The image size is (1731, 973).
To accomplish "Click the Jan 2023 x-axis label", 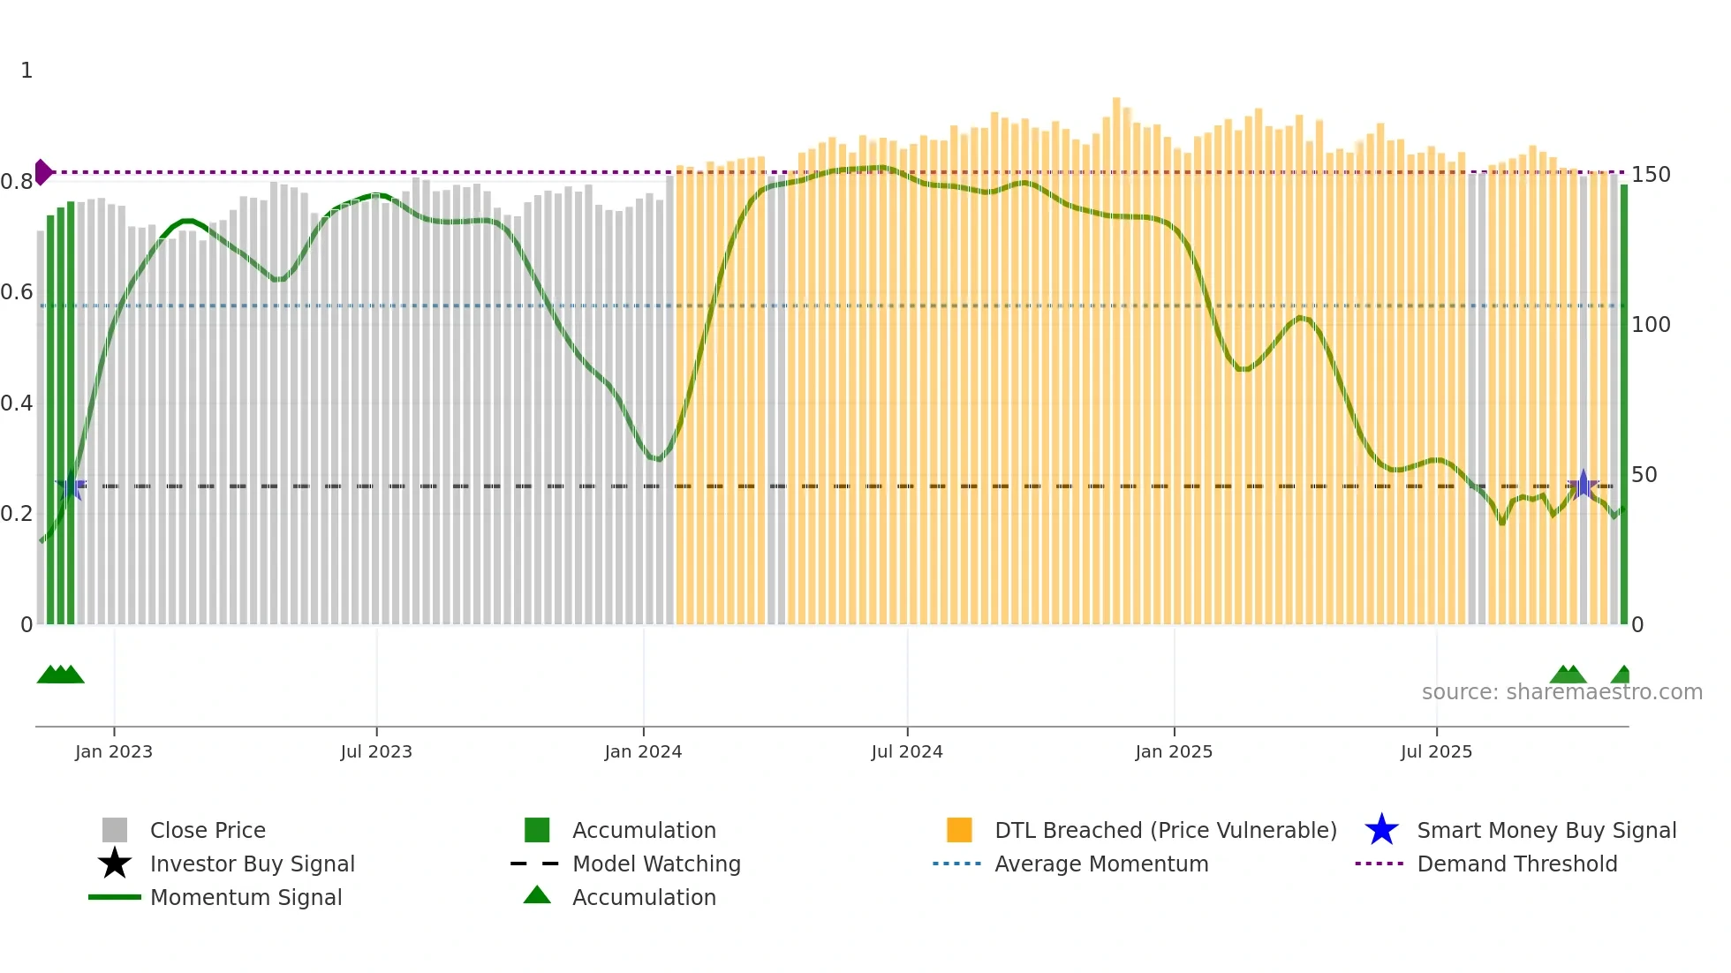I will [113, 751].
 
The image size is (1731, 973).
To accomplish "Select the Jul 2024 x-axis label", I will [906, 751].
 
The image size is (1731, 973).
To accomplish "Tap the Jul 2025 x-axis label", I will [1436, 751].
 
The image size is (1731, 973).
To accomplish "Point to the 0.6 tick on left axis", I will [17, 292].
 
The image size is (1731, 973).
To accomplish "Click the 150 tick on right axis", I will [1651, 175].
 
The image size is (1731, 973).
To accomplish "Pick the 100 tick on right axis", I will [1651, 325].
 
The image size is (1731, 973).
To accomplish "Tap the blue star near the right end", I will [1583, 486].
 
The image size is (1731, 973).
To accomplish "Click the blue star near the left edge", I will [71, 486].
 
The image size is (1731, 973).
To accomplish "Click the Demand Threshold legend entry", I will [1516, 864].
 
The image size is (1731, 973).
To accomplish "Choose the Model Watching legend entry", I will [655, 864].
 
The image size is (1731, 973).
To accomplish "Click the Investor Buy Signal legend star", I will [115, 864].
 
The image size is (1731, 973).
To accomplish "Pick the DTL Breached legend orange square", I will [959, 830].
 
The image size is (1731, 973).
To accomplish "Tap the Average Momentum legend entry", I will [1100, 864].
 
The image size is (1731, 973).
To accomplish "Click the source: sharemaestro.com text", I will [1561, 692].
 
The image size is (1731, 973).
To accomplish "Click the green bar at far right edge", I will [1623, 406].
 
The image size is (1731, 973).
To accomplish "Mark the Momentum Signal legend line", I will [115, 897].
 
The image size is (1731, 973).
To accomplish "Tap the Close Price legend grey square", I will [115, 830].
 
